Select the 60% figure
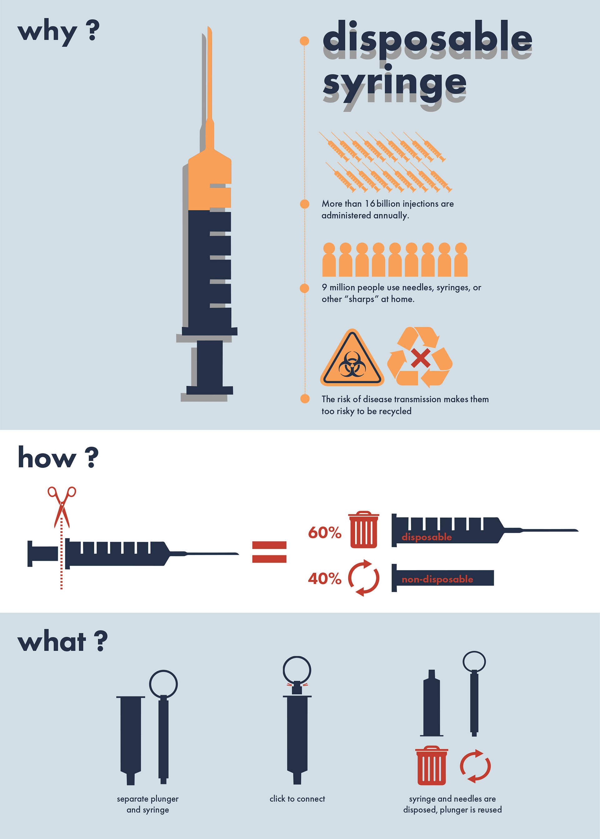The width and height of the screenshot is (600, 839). click(x=325, y=532)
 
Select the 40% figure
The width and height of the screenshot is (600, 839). click(x=325, y=578)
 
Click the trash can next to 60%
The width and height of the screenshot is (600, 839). click(x=363, y=529)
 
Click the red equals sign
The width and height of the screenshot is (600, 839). click(x=269, y=552)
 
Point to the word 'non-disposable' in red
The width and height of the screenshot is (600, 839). click(x=437, y=579)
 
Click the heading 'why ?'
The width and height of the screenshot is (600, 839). click(x=58, y=32)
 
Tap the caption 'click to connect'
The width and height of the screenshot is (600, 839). click(x=297, y=799)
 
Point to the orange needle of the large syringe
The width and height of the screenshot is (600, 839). click(x=209, y=74)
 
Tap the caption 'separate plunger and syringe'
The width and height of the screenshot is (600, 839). click(x=148, y=804)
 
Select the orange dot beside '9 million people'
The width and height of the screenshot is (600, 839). click(x=304, y=288)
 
